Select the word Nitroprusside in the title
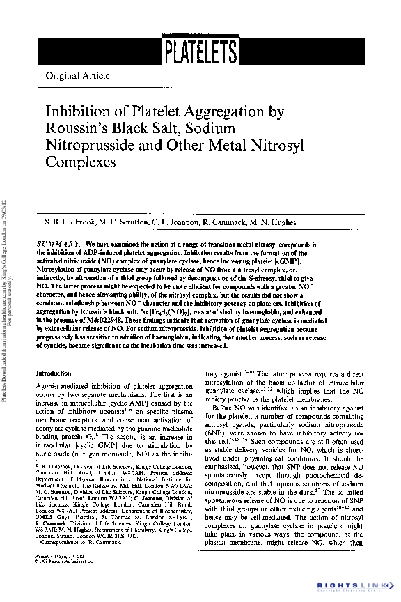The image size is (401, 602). tap(90, 146)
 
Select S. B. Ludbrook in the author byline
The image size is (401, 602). tap(67, 222)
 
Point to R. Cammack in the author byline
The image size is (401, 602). tap(226, 222)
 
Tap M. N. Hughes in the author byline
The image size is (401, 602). tap(276, 222)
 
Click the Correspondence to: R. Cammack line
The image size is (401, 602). tap(84, 541)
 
